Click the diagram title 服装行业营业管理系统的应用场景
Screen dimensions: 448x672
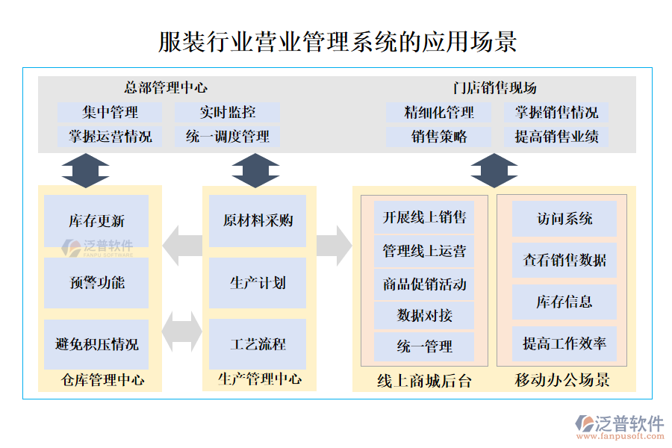click(337, 41)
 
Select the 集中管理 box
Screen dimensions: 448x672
click(110, 113)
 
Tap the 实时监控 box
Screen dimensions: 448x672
click(227, 113)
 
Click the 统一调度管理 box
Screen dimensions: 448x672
click(227, 137)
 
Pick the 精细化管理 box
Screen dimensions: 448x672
click(439, 113)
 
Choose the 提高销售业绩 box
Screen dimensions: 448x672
click(556, 137)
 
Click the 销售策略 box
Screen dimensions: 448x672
click(439, 137)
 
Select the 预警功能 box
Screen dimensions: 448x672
click(96, 283)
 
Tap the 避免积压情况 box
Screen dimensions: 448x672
click(96, 344)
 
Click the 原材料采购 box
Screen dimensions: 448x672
click(258, 221)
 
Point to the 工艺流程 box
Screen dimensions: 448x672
click(258, 344)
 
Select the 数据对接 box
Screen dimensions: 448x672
click(424, 315)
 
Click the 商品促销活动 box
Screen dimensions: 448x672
click(424, 284)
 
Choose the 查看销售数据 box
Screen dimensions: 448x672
click(564, 261)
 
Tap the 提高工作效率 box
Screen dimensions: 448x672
click(564, 344)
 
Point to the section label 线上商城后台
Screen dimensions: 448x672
click(424, 381)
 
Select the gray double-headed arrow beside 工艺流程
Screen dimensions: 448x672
click(181, 332)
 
